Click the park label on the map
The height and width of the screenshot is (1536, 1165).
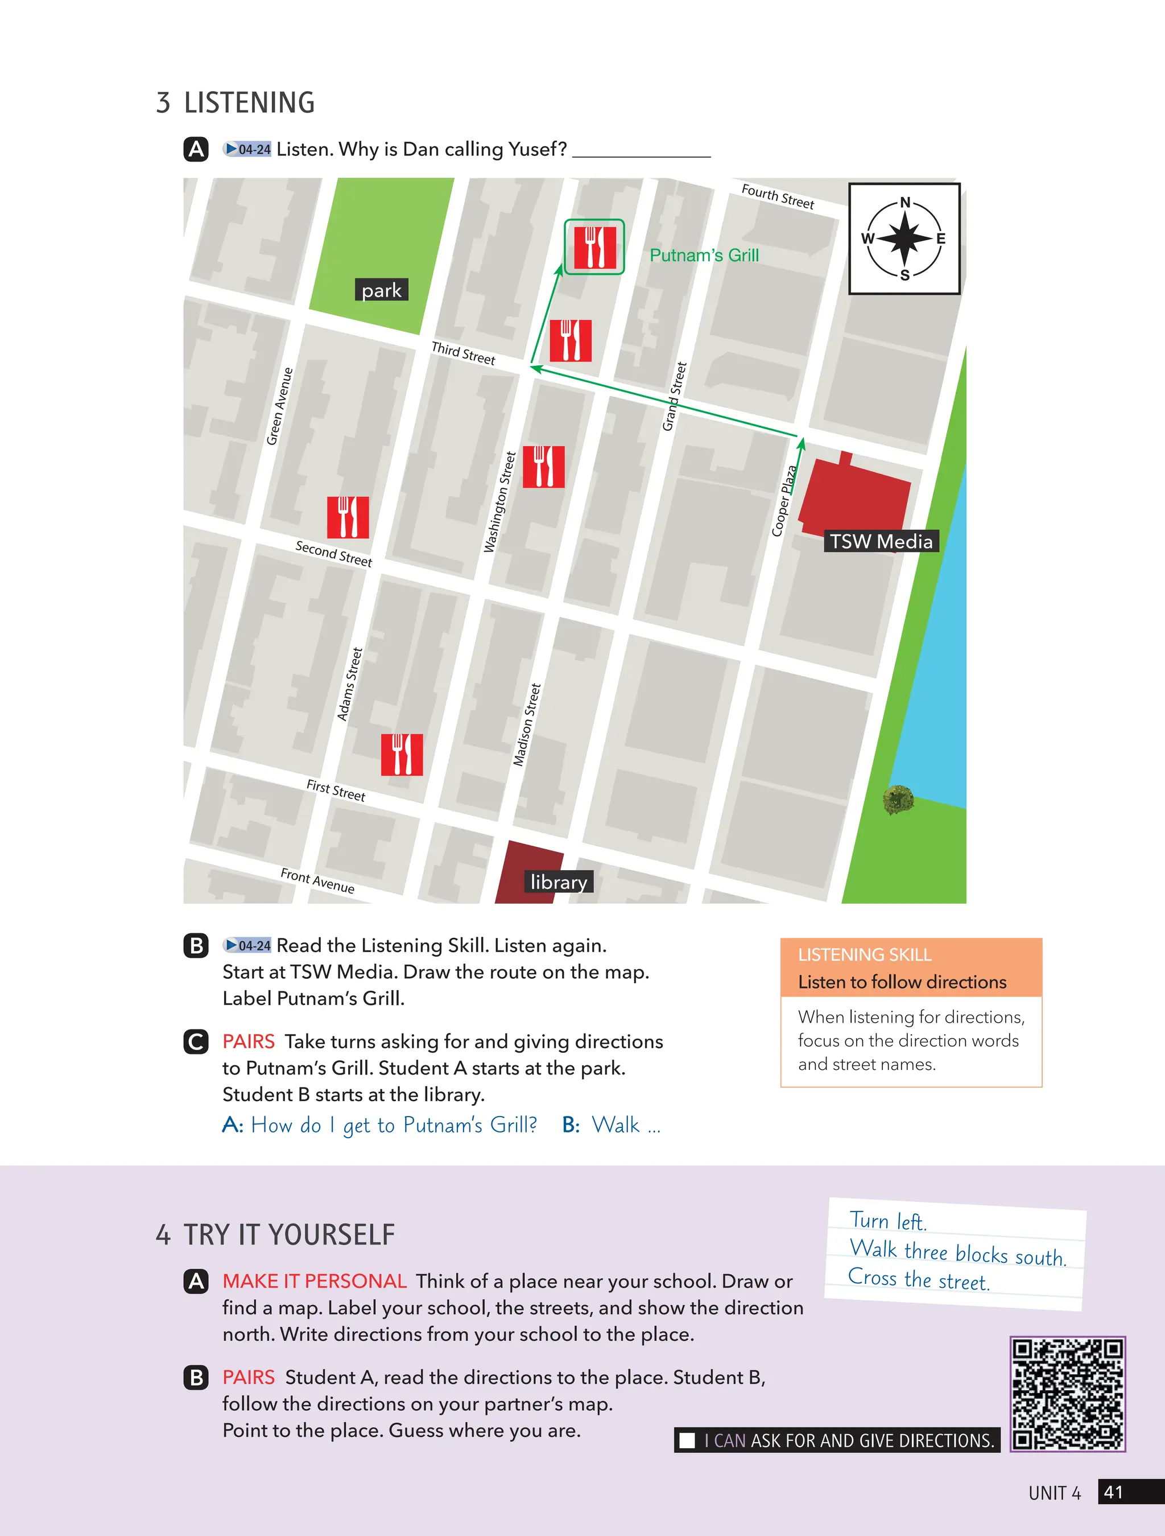[x=381, y=290]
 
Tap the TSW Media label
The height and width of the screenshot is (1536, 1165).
[x=881, y=541]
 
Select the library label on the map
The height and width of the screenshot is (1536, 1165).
[x=558, y=882]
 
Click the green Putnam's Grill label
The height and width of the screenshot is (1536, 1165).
[x=704, y=256]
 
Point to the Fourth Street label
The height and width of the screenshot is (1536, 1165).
[x=778, y=196]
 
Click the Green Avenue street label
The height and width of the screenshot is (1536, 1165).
[x=280, y=406]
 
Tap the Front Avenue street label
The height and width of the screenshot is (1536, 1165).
[x=317, y=880]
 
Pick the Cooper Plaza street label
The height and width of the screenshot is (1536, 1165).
[x=784, y=501]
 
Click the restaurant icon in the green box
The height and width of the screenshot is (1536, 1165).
[x=594, y=247]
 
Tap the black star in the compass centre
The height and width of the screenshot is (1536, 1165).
[x=904, y=238]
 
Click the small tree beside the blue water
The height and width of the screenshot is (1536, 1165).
[x=898, y=799]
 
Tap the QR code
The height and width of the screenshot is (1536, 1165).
[x=1067, y=1394]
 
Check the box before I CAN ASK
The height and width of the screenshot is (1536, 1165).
[x=687, y=1440]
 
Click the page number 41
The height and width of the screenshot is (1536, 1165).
[x=1114, y=1492]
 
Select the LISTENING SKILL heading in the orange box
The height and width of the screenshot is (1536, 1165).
[x=865, y=955]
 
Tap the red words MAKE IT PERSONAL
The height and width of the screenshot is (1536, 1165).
[x=315, y=1281]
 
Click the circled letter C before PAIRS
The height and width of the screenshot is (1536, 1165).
[x=196, y=1041]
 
